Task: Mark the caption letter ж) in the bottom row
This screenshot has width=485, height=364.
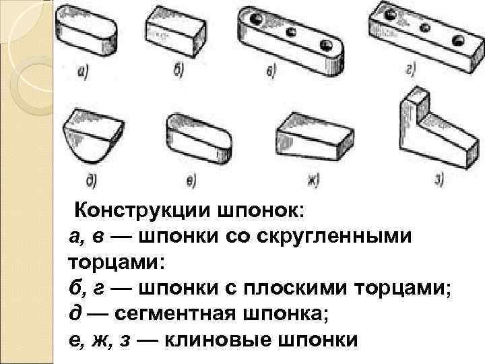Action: coord(312,179)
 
